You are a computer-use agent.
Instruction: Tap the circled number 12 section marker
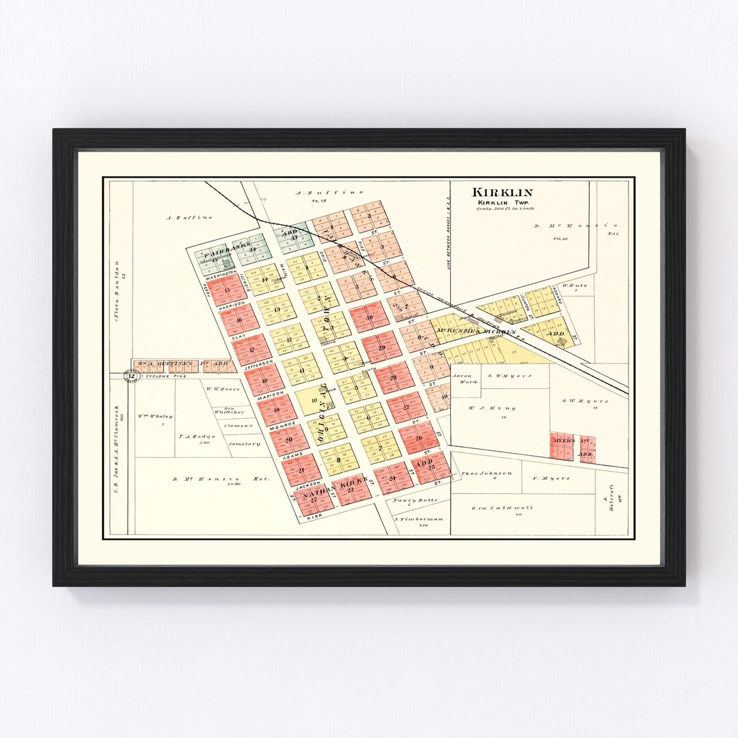[x=128, y=376]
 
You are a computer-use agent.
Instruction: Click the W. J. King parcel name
[x=501, y=408]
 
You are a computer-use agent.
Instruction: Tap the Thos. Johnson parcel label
[x=486, y=473]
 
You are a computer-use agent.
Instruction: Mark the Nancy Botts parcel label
[x=414, y=500]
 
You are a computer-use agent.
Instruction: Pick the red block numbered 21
[x=301, y=470]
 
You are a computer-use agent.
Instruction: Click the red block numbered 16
[x=239, y=320]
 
